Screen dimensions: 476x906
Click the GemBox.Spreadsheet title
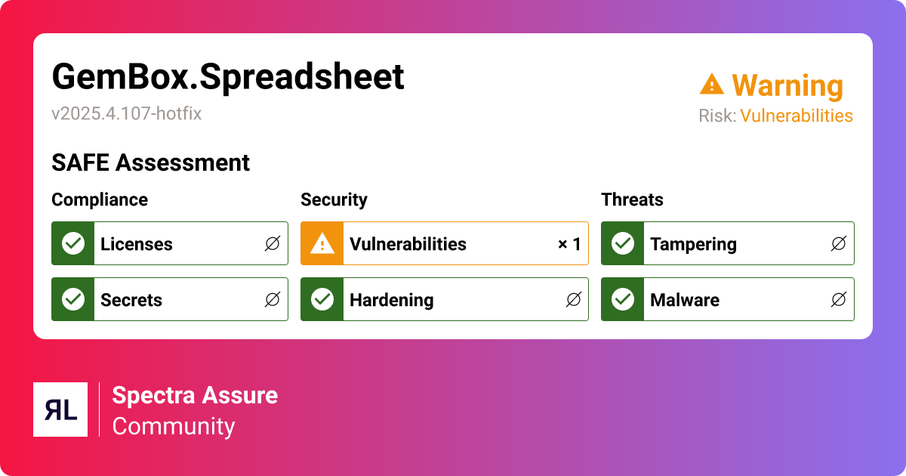pos(228,77)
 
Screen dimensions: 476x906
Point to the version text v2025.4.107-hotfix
pos(126,114)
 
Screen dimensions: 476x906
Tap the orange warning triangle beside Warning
pos(711,84)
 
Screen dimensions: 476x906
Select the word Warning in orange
pos(787,86)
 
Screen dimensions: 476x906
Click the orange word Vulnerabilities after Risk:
pos(796,116)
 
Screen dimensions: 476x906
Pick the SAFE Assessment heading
pos(150,162)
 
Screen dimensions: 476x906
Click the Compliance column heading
pos(100,199)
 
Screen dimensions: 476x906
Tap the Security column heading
pos(334,199)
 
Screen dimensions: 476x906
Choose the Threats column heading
pos(632,199)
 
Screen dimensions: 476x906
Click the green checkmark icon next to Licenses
pos(73,244)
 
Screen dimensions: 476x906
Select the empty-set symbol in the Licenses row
pos(272,244)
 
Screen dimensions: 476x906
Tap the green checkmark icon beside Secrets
pos(73,300)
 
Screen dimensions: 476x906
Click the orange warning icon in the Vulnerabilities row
pos(322,244)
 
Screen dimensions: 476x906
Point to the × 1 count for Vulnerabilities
pos(569,244)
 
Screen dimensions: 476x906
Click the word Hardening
pos(391,300)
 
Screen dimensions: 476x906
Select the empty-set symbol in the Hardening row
pos(573,300)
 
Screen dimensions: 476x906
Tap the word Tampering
pos(693,244)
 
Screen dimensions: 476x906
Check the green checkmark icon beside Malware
pos(623,300)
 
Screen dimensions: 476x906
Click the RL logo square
pos(60,410)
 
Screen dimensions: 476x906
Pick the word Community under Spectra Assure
pos(174,426)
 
